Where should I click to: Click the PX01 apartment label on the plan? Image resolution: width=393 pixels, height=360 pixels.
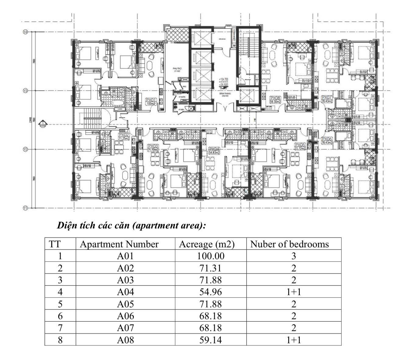pos(151,100)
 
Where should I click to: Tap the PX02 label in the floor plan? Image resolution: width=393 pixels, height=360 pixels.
pos(124,134)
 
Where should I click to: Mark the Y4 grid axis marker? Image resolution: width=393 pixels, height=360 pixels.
pos(25,32)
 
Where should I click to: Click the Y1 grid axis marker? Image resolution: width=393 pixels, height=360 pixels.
pos(25,208)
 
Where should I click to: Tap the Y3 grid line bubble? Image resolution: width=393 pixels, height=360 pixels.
pos(25,90)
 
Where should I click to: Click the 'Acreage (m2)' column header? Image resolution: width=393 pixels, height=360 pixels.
pos(206,244)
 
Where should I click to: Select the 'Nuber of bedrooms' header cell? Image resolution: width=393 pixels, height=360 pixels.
pos(289,244)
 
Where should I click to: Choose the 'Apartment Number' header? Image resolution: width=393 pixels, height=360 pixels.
pos(119,244)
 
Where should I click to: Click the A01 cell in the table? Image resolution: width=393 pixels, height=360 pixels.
pos(125,256)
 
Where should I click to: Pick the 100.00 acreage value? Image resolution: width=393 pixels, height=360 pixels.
pos(211,256)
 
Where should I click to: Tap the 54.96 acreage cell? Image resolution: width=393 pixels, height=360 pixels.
pos(211,292)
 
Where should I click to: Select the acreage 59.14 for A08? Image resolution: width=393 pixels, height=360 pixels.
pos(211,340)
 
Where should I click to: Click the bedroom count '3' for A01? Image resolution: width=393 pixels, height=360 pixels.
pos(293,256)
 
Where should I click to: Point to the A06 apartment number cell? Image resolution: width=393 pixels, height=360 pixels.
pos(125,316)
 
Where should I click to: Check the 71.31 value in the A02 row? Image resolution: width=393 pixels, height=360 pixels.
pos(211,268)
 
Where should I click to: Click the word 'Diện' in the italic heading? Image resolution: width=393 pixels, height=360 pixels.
pos(65,226)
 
